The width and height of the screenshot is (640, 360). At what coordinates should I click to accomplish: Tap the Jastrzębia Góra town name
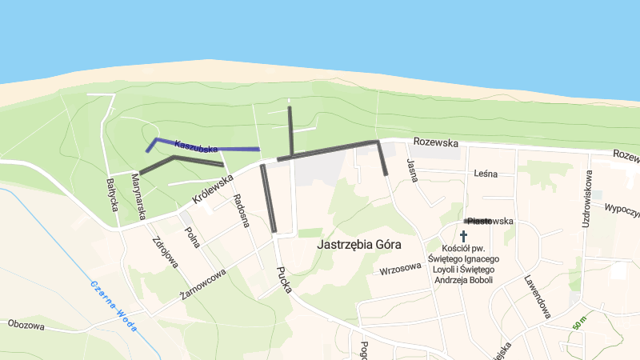(358, 244)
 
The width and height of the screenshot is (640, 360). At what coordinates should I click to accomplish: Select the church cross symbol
(463, 237)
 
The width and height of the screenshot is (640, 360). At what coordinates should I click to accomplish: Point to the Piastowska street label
(490, 221)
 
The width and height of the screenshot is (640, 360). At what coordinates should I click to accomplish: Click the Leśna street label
(486, 174)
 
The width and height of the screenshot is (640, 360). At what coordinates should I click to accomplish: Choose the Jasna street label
(413, 170)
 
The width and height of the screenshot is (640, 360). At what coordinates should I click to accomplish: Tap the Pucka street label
(283, 279)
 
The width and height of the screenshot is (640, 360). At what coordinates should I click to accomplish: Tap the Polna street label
(192, 238)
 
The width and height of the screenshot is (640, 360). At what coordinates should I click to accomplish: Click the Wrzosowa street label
(401, 268)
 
